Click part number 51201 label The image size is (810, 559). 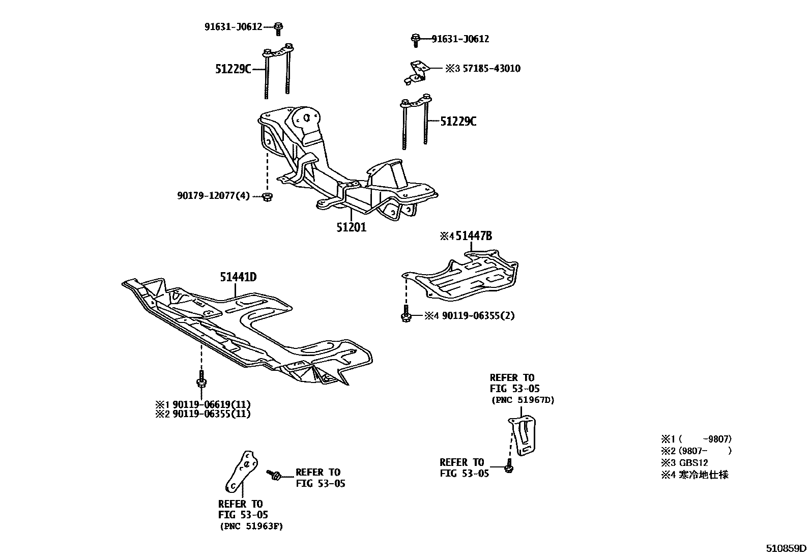tap(351, 227)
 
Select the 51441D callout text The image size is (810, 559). tap(238, 277)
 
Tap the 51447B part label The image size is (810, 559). tap(473, 236)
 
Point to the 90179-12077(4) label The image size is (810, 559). tap(214, 196)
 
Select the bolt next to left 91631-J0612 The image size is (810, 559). tap(278, 28)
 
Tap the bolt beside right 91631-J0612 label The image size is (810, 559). tap(415, 40)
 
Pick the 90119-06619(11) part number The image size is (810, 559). tap(211, 404)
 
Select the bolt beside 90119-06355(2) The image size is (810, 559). tap(406, 315)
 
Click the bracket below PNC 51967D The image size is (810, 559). tap(524, 435)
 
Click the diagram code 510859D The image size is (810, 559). tap(787, 548)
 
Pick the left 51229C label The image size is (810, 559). tap(233, 69)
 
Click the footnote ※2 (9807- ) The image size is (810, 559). tap(696, 451)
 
